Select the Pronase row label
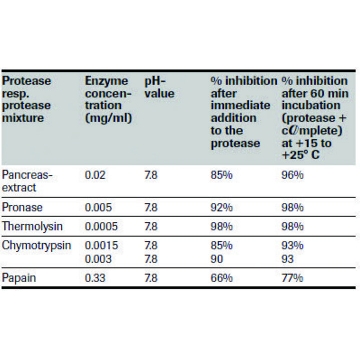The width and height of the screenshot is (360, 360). [x=22, y=207]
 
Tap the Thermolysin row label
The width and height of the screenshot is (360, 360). [x=32, y=226]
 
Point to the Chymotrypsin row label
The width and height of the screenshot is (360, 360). [x=36, y=245]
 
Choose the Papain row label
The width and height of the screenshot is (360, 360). [x=19, y=278]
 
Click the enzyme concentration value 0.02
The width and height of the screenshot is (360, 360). [x=95, y=175]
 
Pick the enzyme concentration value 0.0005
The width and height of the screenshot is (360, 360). [x=101, y=226]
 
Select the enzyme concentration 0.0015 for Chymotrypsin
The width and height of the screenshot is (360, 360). [x=101, y=245]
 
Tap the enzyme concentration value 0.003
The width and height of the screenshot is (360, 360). [x=98, y=259]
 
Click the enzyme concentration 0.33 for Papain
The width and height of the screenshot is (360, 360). [x=95, y=278]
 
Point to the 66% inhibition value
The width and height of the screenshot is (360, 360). [x=221, y=278]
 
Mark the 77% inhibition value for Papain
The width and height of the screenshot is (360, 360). [x=292, y=278]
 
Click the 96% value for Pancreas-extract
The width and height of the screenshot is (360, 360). [x=292, y=175]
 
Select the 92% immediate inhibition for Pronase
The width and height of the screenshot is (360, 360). [x=221, y=207]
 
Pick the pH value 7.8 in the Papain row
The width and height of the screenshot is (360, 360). [x=151, y=278]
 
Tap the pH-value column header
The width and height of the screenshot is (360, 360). [x=159, y=87]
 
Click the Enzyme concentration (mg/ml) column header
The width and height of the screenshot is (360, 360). [x=108, y=99]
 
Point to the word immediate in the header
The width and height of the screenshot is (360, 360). [x=240, y=106]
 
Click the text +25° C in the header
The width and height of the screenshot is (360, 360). [x=300, y=156]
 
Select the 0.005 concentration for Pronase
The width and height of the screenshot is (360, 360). [x=98, y=207]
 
